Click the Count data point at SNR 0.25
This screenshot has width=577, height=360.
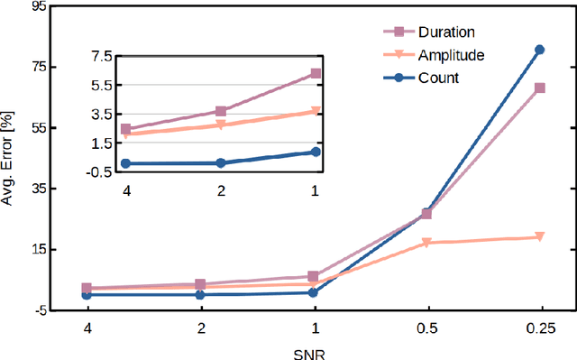(540, 50)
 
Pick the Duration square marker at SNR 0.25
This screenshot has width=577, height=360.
(540, 88)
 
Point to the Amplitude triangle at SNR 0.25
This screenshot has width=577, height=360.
(540, 237)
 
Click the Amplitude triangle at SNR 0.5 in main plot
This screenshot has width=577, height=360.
(427, 243)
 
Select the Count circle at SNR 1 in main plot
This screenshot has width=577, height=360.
(314, 292)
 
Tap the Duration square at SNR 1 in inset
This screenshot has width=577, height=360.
(316, 73)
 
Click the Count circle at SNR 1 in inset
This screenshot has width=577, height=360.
(316, 152)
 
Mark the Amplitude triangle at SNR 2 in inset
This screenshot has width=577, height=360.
(221, 125)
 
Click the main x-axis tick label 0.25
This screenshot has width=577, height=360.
(540, 326)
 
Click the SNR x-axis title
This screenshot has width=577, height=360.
(313, 353)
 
